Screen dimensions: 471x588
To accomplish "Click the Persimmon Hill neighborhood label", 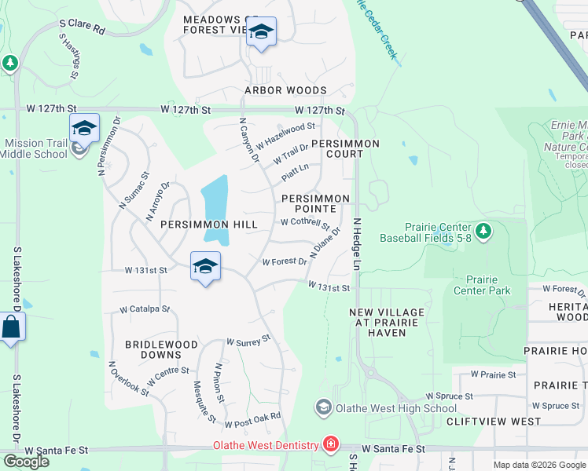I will pyautogui.click(x=208, y=225).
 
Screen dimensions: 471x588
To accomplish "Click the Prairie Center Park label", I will pyautogui.click(x=482, y=285).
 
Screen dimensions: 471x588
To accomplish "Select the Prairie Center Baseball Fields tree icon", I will pyautogui.click(x=483, y=231).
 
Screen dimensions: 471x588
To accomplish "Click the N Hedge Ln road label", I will pyautogui.click(x=356, y=246).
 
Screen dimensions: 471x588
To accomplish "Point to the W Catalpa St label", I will pyautogui.click(x=145, y=309).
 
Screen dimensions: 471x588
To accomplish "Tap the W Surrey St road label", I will pyautogui.click(x=248, y=341).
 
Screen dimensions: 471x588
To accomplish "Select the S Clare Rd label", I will pyautogui.click(x=82, y=27).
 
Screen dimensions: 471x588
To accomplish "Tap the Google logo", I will pyautogui.click(x=26, y=461).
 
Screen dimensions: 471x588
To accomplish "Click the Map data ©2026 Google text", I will pyautogui.click(x=538, y=465).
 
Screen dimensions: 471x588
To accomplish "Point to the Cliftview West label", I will pyautogui.click(x=493, y=422).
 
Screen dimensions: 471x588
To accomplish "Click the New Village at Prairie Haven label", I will pyautogui.click(x=387, y=323).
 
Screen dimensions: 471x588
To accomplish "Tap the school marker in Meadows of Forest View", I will pyautogui.click(x=261, y=32).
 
